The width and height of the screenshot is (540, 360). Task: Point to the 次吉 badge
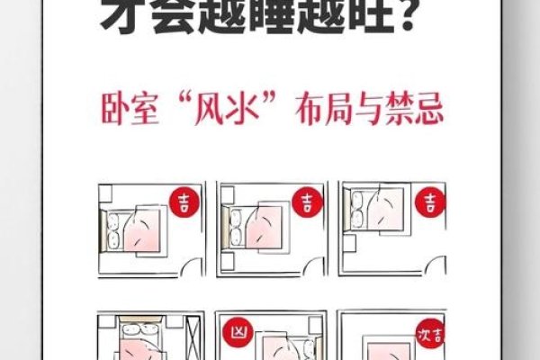(429, 334)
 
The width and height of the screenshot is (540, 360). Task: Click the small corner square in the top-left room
(103, 192)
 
